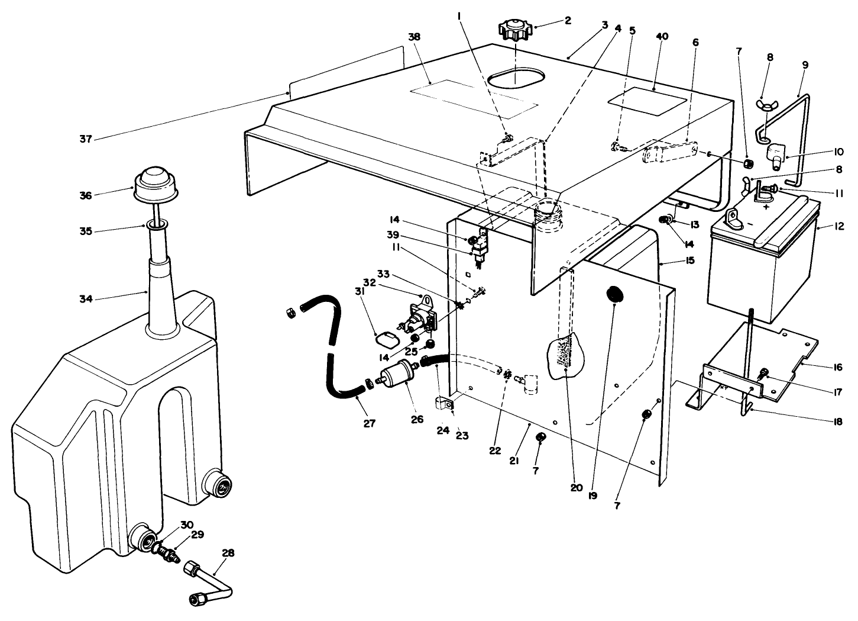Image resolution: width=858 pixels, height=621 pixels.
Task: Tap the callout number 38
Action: (x=414, y=36)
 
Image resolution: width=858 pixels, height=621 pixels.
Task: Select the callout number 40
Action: (x=662, y=37)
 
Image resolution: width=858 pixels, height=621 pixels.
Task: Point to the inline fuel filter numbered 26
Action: (x=397, y=375)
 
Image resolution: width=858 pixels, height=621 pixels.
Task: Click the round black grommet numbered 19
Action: (x=616, y=294)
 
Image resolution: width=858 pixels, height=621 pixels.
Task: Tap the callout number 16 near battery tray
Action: (x=837, y=367)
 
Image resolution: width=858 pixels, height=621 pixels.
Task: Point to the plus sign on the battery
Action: (x=766, y=208)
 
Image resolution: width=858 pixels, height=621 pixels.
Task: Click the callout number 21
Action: (x=514, y=460)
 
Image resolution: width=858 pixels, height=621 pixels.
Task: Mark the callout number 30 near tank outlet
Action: (x=187, y=525)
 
